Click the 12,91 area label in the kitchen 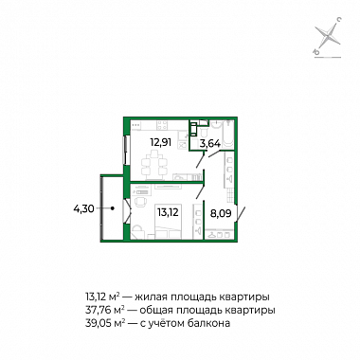(161, 142)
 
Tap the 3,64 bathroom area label (210, 144)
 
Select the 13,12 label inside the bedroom (168, 212)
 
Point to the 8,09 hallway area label (221, 214)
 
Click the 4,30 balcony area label (83, 208)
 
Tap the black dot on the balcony (113, 208)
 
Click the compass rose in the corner (329, 38)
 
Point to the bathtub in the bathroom (227, 135)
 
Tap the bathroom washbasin (216, 125)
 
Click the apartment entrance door (240, 214)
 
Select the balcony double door (126, 210)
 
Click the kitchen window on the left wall (126, 150)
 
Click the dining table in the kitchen (154, 163)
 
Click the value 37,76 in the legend (97, 311)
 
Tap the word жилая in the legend (151, 297)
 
